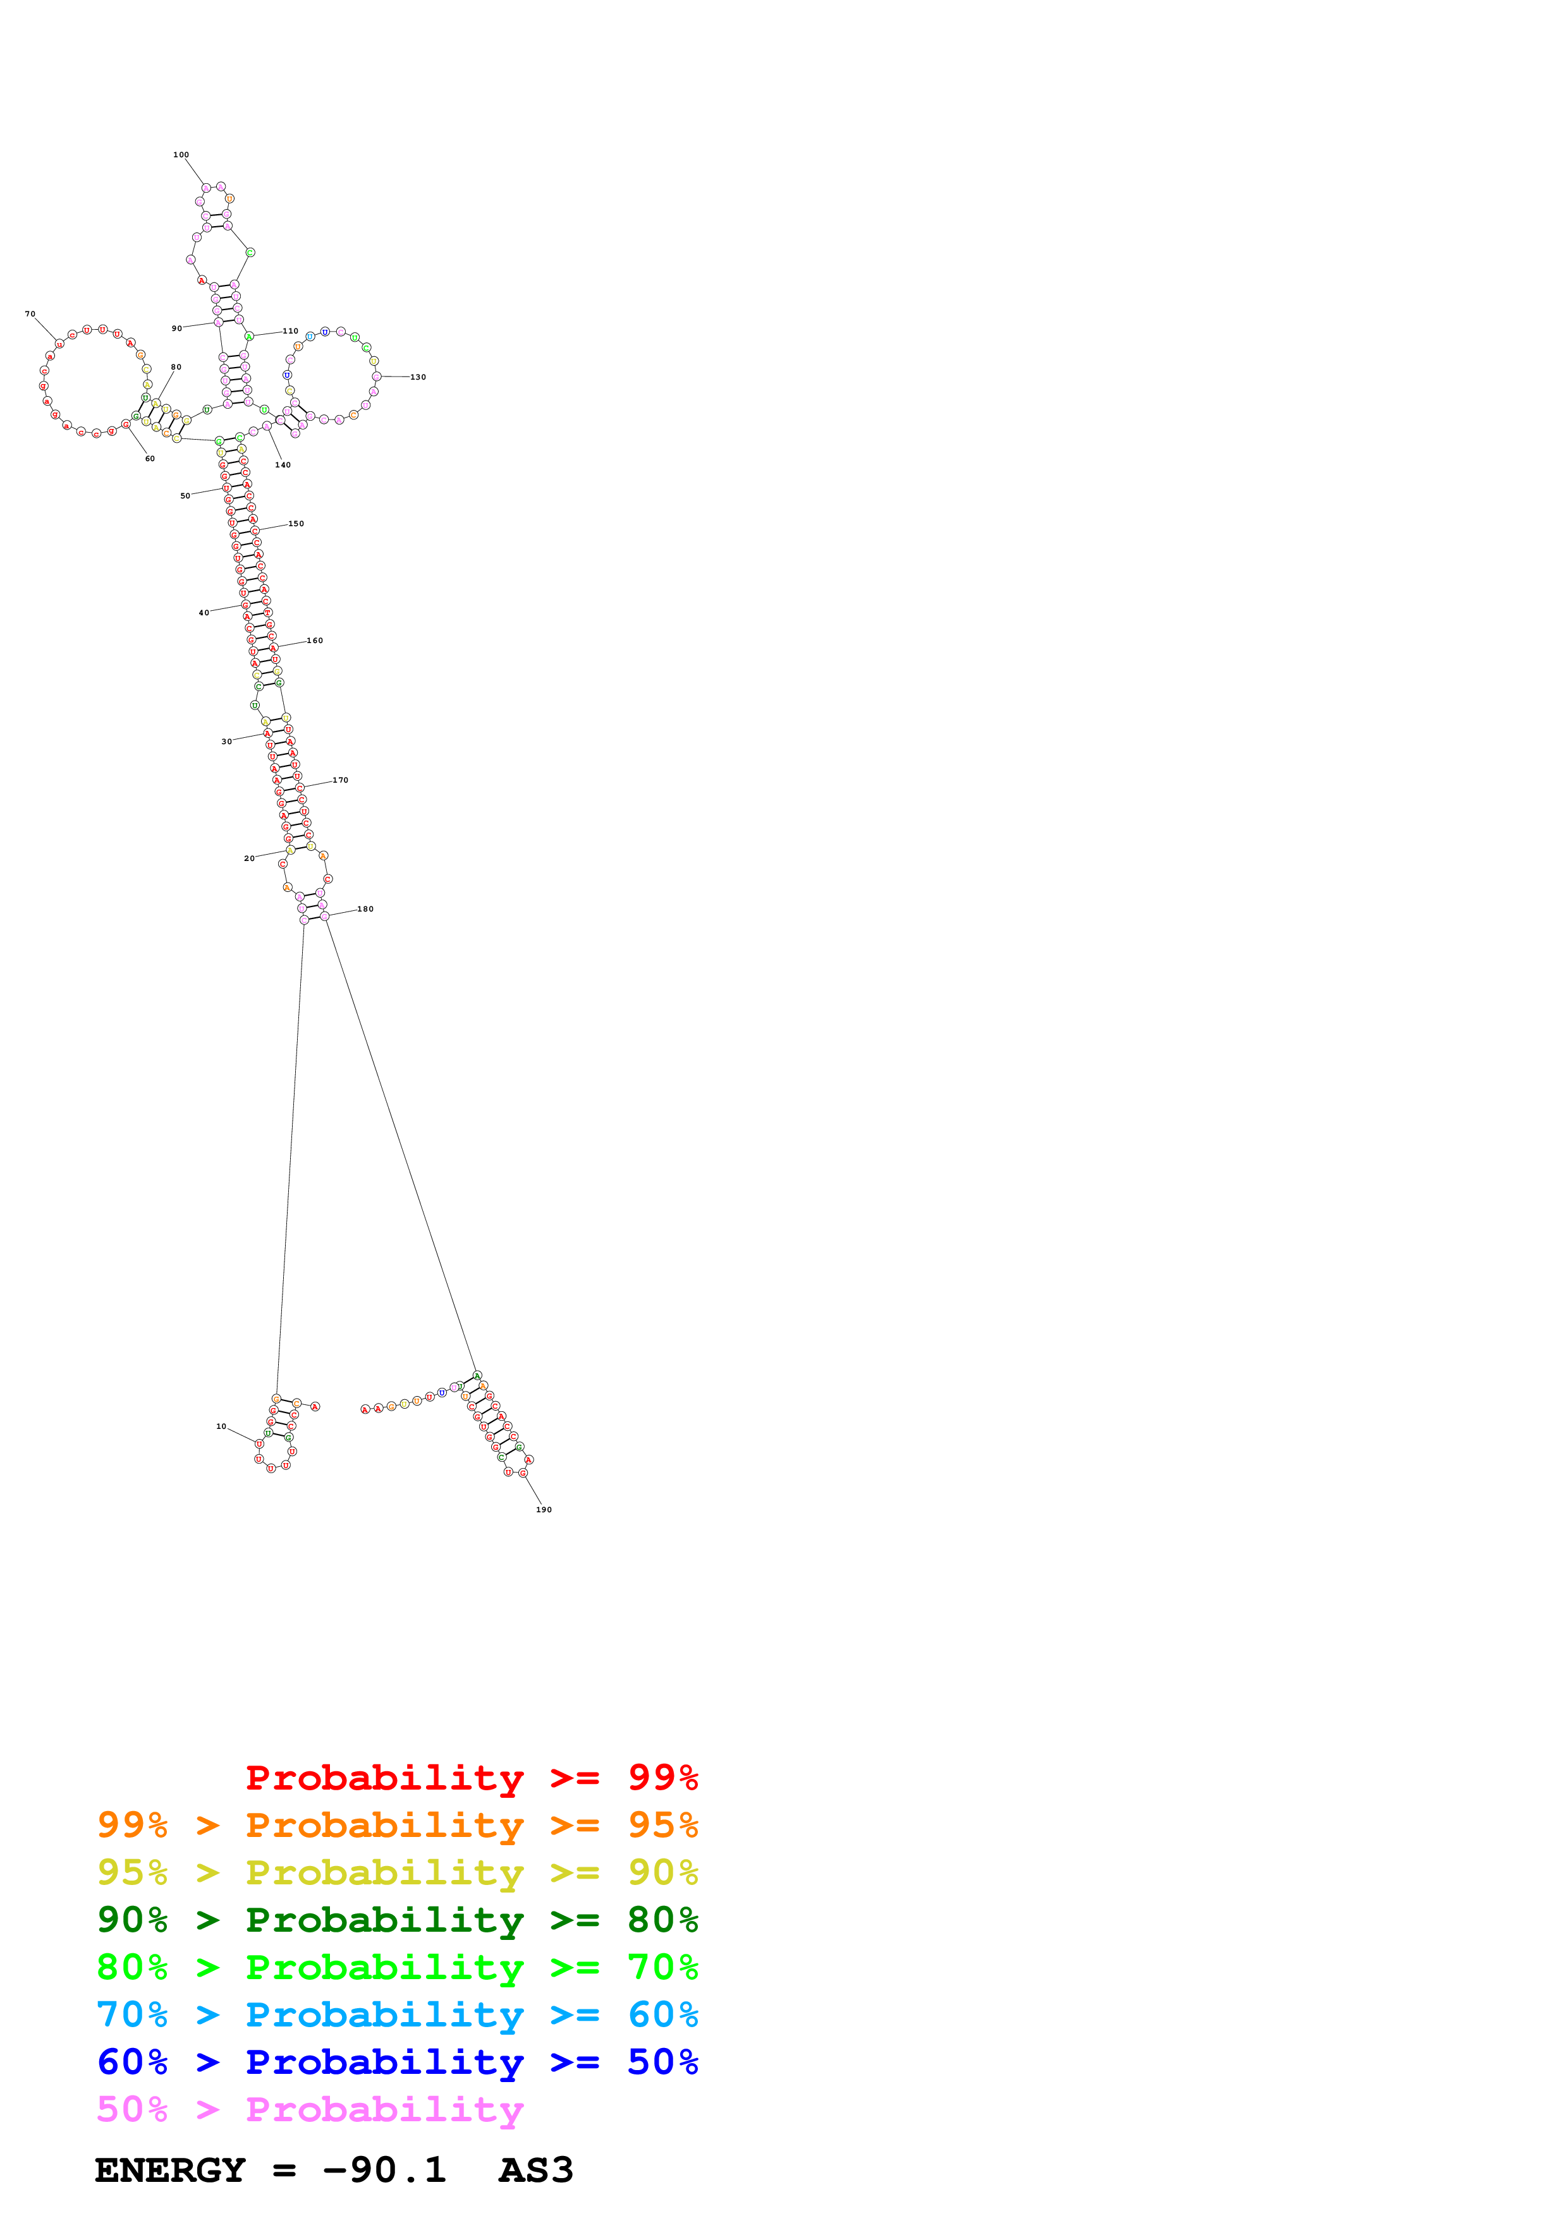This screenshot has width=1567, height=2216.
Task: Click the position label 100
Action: (181, 154)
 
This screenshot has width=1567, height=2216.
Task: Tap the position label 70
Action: (30, 314)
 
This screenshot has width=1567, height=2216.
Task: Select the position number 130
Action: (418, 377)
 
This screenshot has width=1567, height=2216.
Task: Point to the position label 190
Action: (544, 1510)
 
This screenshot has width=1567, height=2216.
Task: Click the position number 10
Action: (221, 1426)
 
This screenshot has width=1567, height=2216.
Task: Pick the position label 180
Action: (365, 909)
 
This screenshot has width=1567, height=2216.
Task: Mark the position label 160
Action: (315, 641)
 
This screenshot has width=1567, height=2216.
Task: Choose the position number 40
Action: (204, 613)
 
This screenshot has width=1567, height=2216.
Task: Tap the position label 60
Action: (150, 459)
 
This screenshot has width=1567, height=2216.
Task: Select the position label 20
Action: (249, 858)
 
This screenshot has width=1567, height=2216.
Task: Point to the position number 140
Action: (283, 465)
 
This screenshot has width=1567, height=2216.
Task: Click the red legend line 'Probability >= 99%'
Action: (471, 1778)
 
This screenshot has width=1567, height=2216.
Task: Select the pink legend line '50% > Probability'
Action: (309, 2110)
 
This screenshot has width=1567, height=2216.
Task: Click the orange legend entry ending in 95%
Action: (397, 1826)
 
